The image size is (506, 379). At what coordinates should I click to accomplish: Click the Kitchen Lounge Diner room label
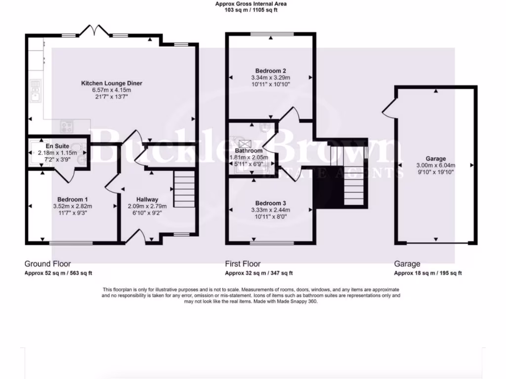112,83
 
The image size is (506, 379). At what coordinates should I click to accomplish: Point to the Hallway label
147,199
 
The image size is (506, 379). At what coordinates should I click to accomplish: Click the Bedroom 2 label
269,71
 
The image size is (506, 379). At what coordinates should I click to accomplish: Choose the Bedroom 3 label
269,203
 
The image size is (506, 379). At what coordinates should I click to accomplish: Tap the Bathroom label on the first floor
249,151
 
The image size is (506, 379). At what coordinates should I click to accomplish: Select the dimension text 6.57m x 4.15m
112,90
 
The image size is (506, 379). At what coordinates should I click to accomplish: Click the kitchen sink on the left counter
35,91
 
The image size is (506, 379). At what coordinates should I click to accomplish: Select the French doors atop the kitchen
95,30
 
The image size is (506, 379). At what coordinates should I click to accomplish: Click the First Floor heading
243,264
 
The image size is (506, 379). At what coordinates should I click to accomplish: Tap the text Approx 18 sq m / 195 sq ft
427,273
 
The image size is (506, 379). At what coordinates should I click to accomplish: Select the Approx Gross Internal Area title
251,4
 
